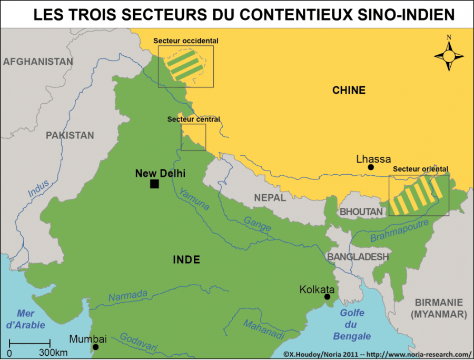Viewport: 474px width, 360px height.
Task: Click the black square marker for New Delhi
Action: tap(154, 184)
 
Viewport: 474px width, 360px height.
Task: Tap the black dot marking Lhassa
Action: tap(371, 167)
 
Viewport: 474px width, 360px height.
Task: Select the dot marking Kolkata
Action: tap(327, 297)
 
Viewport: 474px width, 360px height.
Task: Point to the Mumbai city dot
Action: tap(95, 347)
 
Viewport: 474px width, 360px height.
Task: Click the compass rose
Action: tap(449, 55)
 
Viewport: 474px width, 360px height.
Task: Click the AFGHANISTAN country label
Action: tap(38, 62)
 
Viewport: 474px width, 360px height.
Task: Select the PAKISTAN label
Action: tap(70, 135)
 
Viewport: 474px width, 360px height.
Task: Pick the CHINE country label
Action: tap(349, 90)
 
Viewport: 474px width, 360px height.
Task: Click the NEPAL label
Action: tap(270, 198)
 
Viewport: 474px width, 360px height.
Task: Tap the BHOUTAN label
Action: tap(361, 212)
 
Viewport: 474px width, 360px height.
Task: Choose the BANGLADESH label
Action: tap(358, 256)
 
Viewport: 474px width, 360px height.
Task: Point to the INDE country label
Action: tap(186, 259)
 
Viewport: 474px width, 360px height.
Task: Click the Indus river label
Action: tap(38, 189)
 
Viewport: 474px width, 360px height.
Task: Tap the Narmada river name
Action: tap(128, 296)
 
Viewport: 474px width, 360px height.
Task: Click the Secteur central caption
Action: tap(194, 119)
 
